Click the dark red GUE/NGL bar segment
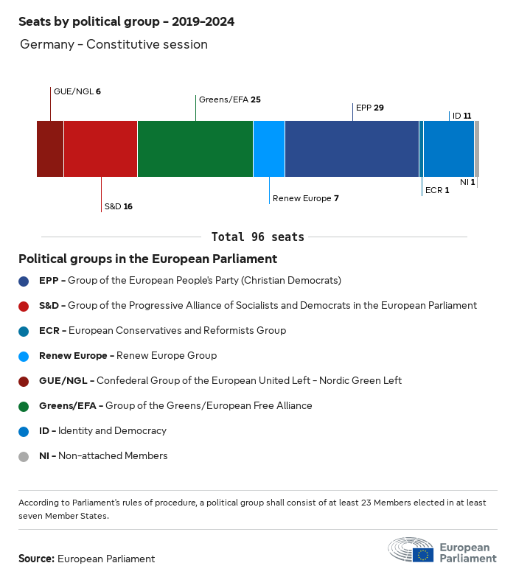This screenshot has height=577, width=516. (x=50, y=149)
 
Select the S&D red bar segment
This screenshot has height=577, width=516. (x=100, y=149)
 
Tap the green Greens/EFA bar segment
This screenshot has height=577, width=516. (x=195, y=149)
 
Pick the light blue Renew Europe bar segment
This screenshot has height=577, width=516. (x=269, y=149)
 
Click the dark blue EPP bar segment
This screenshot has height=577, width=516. (x=352, y=149)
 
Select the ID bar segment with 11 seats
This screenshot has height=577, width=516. (x=449, y=149)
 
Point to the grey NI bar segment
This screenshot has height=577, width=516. (x=477, y=149)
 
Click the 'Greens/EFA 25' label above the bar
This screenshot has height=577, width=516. (x=229, y=99)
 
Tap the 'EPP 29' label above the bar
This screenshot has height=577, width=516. (x=369, y=108)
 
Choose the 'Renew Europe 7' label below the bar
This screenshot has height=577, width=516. (x=305, y=198)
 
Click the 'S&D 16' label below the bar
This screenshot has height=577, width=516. (x=118, y=206)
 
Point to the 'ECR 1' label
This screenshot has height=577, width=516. (x=437, y=190)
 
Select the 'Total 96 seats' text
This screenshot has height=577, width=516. (x=257, y=237)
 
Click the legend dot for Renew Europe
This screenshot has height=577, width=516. (x=24, y=356)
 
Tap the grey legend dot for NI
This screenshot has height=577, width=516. (x=24, y=456)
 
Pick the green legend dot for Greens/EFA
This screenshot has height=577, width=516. (x=24, y=406)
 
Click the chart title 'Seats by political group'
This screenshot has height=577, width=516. (x=126, y=21)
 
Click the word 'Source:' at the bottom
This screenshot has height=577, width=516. (x=36, y=559)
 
